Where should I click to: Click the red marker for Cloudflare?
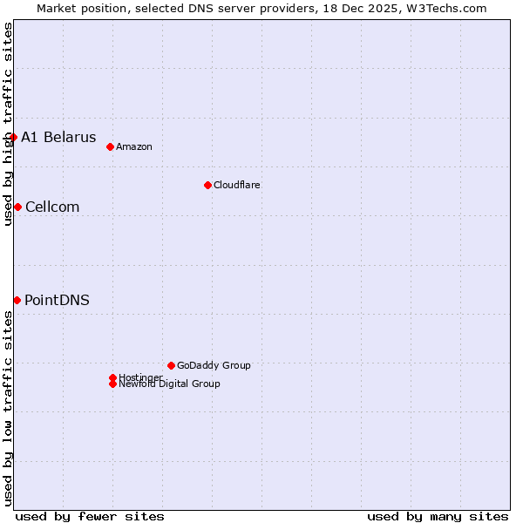pos(207,185)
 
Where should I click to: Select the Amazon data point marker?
pos(110,146)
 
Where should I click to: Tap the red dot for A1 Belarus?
pos(13,137)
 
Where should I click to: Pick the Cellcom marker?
pos(17,207)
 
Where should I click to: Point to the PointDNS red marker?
pos(17,300)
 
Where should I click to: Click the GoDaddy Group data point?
pos(171,365)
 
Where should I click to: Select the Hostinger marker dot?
pos(112,377)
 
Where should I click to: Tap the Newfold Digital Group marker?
pos(112,384)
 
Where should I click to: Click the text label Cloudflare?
pos(237,185)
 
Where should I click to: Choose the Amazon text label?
pos(134,146)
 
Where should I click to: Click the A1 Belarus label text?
pos(58,137)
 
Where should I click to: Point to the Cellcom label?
pos(52,207)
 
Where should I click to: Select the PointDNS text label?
pos(57,300)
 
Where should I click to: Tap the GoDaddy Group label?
pos(214,365)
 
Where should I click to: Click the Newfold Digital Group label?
pos(170,384)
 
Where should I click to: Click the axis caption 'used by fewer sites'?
pos(90,516)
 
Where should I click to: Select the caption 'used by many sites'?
pos(438,516)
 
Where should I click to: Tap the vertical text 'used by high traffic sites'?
pos(8,124)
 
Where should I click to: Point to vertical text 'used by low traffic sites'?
pos(8,408)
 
